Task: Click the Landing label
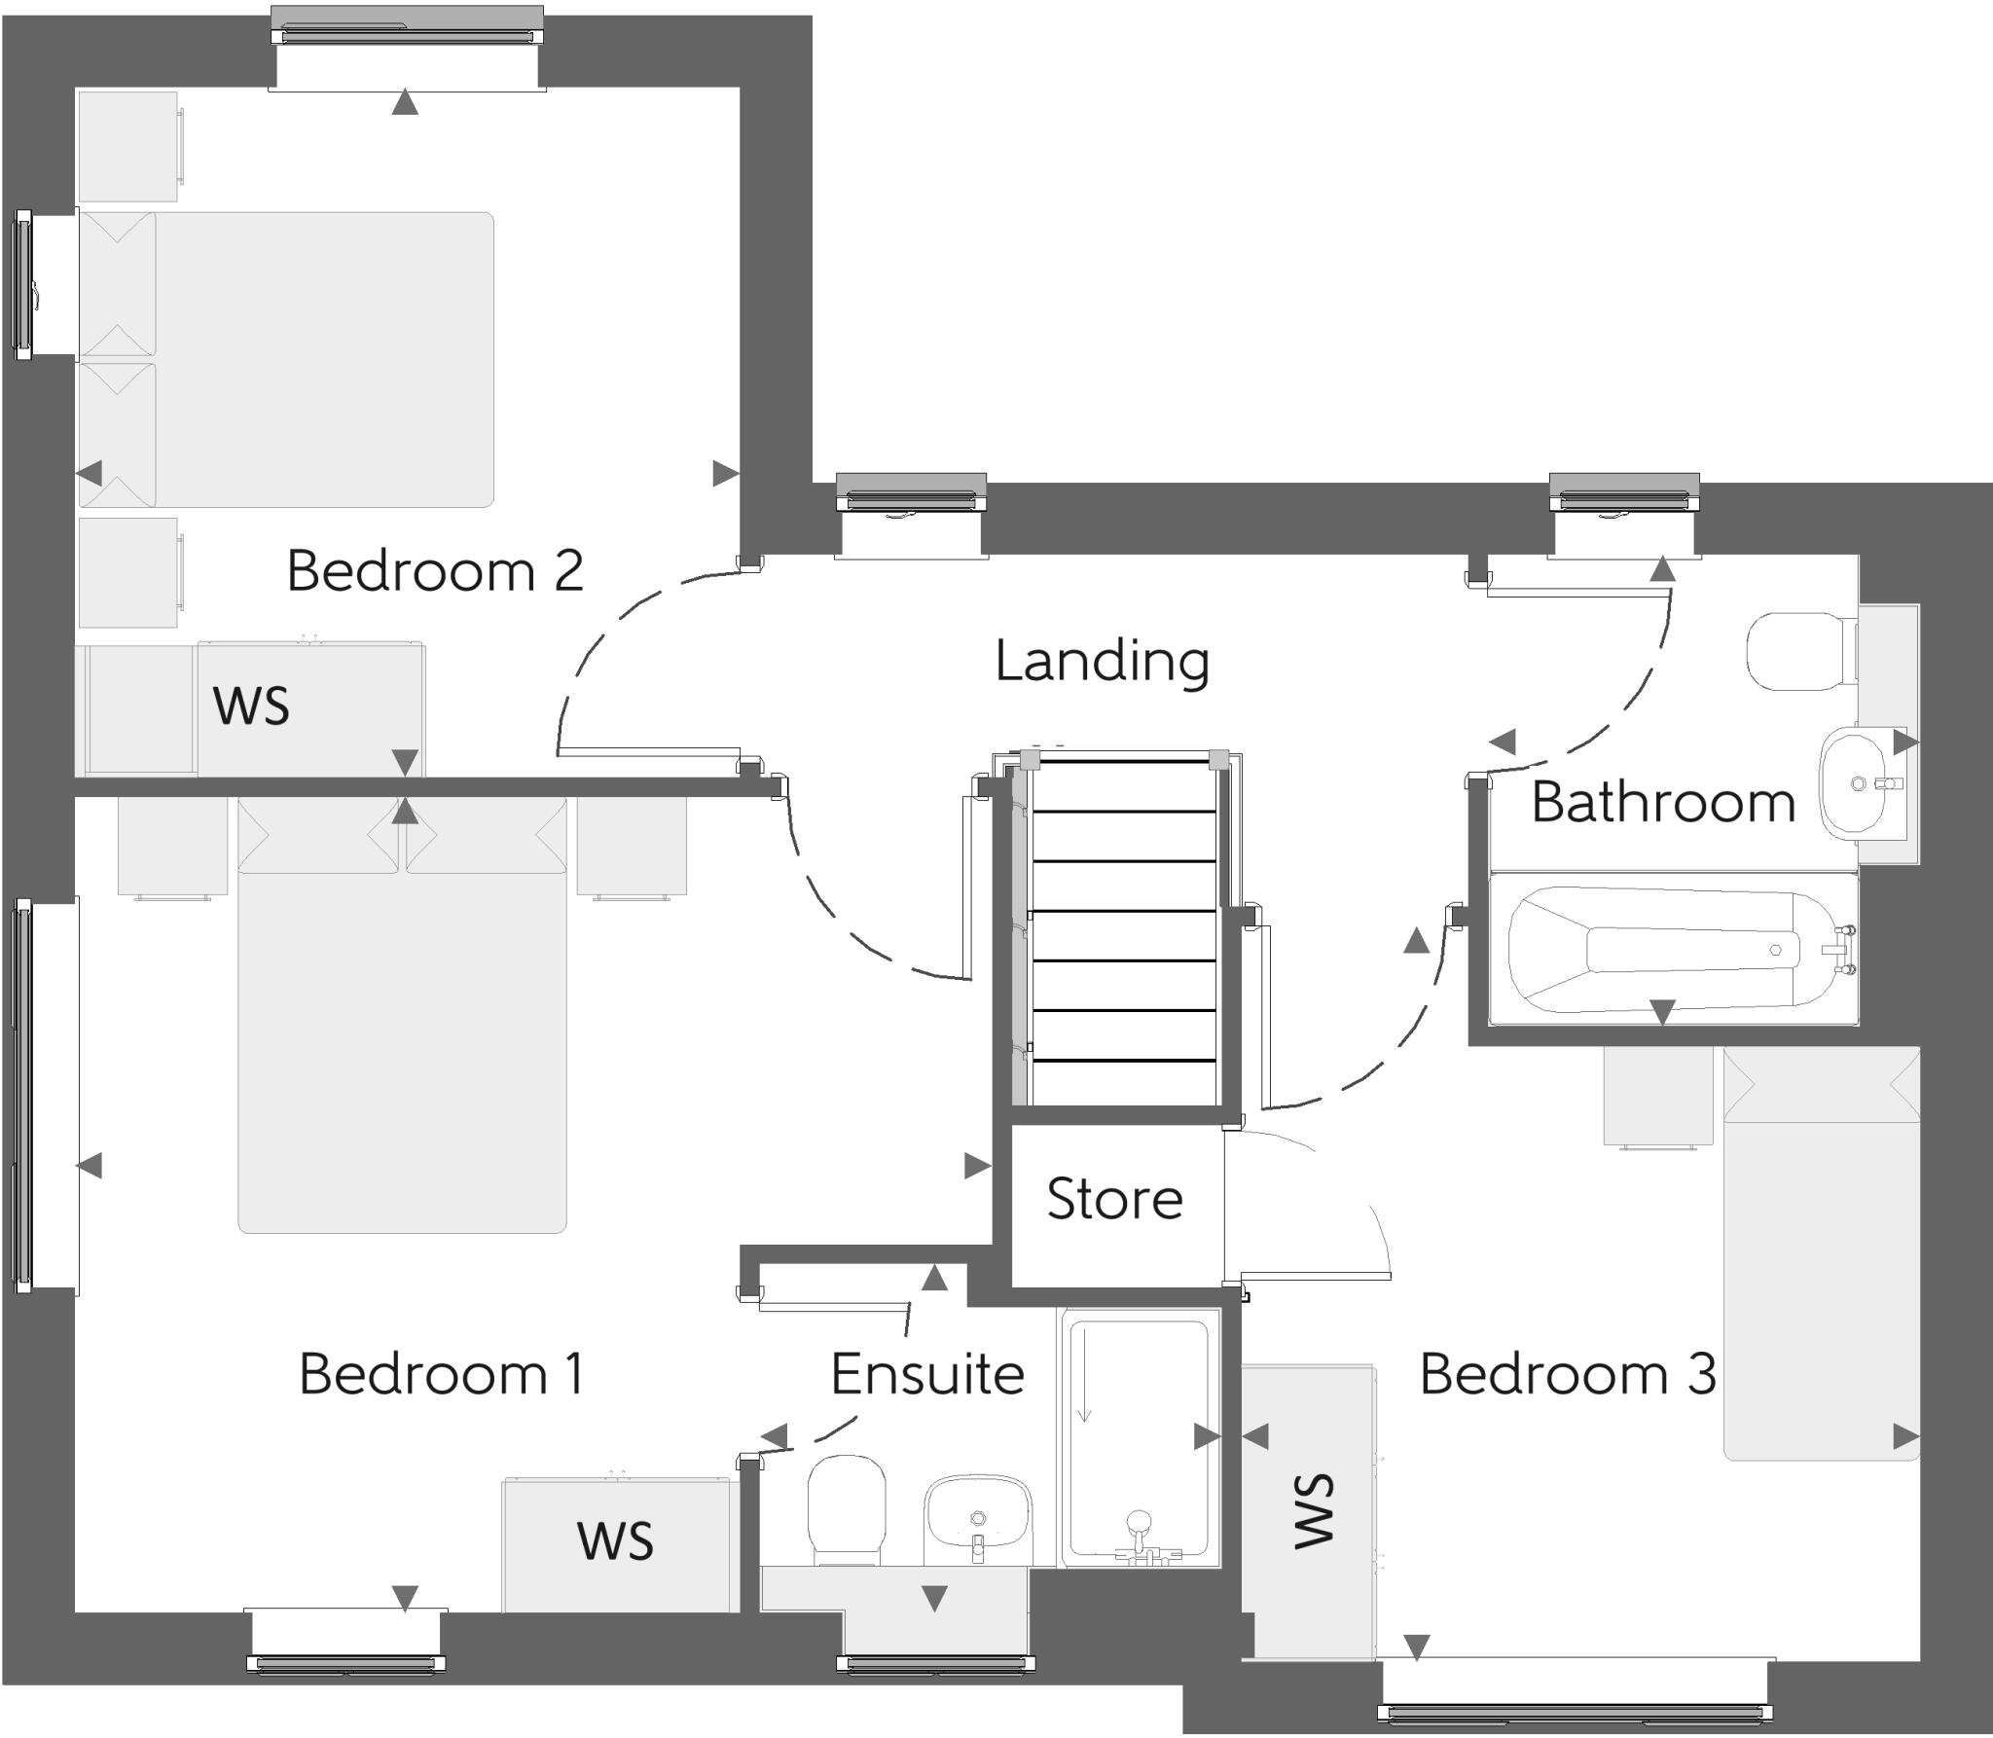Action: [1102, 662]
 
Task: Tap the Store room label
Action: [1114, 1199]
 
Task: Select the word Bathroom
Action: [1662, 803]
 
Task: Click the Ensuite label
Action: [927, 1374]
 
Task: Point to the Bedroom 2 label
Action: [434, 571]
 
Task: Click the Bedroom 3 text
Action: [1567, 1374]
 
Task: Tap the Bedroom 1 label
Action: [441, 1374]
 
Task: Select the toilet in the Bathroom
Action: [1798, 651]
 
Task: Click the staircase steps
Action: [1124, 934]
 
